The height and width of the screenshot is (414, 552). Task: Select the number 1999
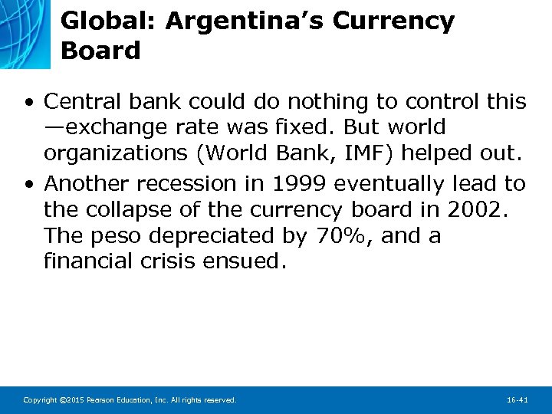[x=297, y=184]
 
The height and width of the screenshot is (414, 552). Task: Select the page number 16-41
[x=517, y=400]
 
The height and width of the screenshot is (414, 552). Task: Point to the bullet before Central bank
[x=28, y=101]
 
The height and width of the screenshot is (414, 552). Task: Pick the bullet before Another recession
[x=28, y=184]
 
